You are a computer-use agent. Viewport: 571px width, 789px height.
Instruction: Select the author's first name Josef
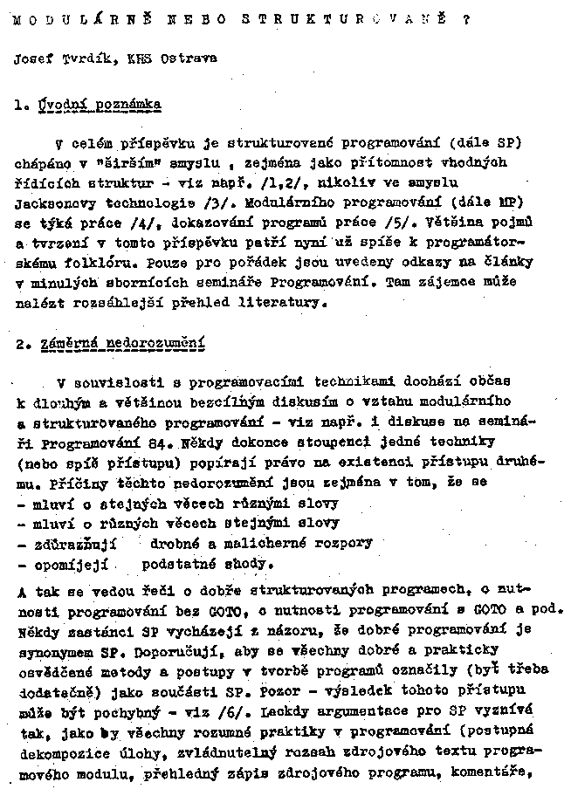pyautogui.click(x=32, y=59)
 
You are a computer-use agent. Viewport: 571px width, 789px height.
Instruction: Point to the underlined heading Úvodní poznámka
pyautogui.click(x=100, y=105)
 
